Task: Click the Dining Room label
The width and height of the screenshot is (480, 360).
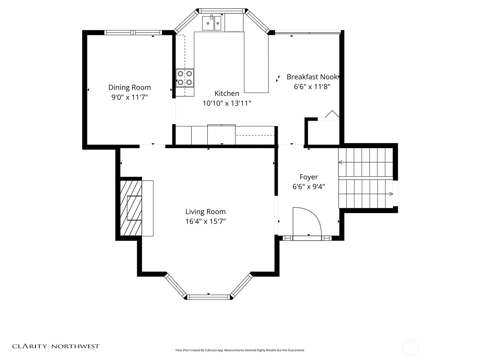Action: pos(129,87)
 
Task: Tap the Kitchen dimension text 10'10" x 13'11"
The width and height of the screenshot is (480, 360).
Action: pos(226,103)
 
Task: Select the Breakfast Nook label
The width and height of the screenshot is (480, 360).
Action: pos(312,77)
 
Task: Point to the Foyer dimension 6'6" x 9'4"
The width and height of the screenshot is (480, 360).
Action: pos(308,187)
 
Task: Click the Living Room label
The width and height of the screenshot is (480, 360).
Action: pos(205,211)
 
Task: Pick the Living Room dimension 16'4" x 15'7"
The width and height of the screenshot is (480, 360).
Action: pos(205,221)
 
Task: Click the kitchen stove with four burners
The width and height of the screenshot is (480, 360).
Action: pos(184,78)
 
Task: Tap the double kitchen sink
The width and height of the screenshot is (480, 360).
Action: pos(211,23)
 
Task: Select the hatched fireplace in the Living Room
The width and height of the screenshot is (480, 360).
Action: pos(131,208)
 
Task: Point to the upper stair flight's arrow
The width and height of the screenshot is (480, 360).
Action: pos(340,162)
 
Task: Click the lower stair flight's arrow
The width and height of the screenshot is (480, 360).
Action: pos(391,194)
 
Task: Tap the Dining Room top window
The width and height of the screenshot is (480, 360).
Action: pos(133,32)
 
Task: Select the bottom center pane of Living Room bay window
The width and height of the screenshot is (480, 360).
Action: pos(208,297)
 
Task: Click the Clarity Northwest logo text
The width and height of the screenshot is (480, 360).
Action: pos(55,346)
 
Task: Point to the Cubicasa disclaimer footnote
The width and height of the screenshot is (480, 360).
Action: pos(240,350)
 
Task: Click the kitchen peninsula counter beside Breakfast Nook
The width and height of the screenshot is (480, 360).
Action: pos(256,63)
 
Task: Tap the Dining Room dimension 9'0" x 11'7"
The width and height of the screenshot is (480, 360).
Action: pos(129,97)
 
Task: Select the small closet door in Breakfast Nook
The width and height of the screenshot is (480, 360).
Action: pos(331,115)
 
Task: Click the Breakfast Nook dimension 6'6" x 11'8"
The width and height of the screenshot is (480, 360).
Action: pos(312,87)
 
